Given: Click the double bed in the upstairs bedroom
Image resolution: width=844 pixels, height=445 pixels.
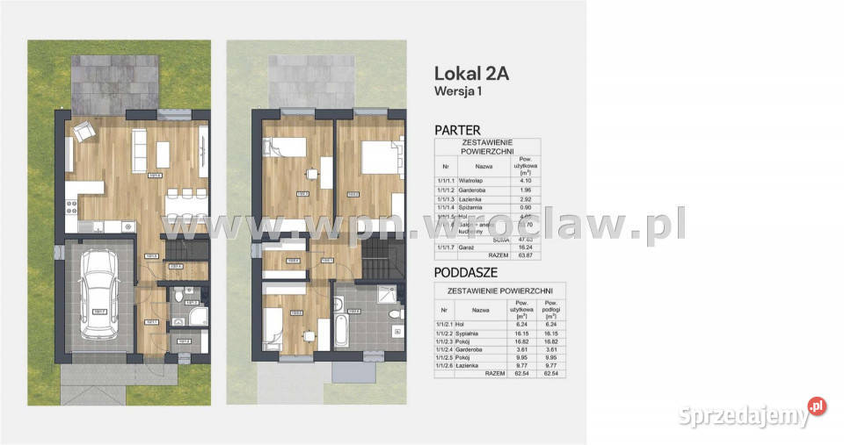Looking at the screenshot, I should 375,161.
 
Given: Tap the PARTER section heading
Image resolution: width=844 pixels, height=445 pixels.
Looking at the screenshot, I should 458,130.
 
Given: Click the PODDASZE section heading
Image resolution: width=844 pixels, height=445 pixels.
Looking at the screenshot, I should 466,271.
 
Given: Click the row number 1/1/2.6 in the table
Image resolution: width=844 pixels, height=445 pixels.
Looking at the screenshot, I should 447,365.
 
